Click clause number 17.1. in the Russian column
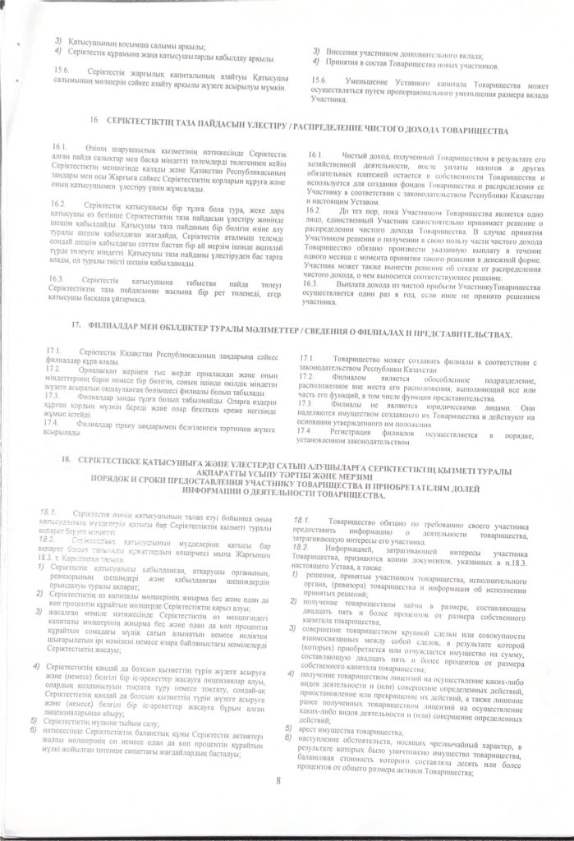[x=307, y=359]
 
